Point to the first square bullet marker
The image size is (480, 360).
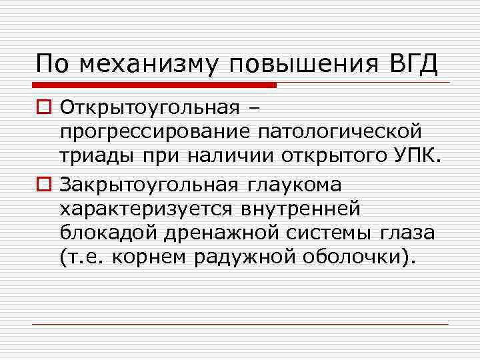44,107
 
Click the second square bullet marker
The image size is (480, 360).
44,182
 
